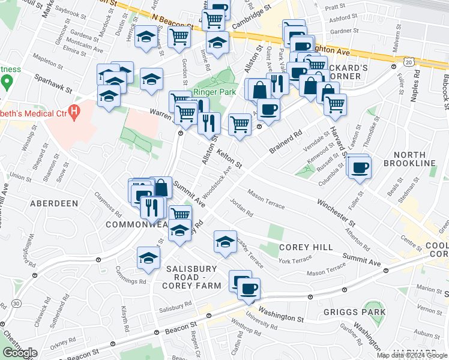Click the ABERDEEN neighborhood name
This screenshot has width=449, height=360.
[x=53, y=204]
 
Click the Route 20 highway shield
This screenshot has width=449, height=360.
[x=408, y=62]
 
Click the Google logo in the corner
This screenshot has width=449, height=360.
[x=19, y=353]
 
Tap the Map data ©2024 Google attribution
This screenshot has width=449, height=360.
[x=412, y=355]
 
